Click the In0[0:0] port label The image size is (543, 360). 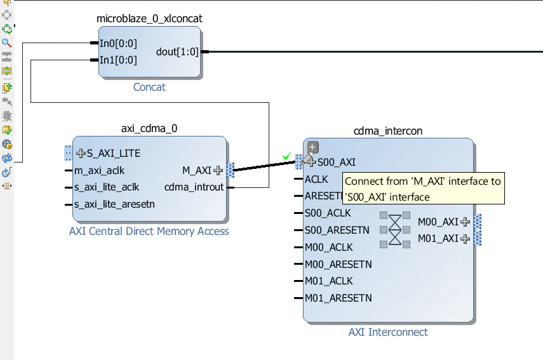(118, 44)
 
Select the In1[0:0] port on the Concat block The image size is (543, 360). (118, 60)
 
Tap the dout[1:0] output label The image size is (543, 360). (177, 52)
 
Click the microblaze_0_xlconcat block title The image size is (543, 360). (149, 18)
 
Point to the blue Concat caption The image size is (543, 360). (149, 87)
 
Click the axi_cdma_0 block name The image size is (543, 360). (149, 128)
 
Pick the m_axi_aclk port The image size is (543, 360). (100, 170)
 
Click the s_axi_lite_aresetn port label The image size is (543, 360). (114, 204)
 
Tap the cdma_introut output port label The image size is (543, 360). (194, 187)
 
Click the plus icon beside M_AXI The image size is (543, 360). (218, 170)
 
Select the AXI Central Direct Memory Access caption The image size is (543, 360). (149, 231)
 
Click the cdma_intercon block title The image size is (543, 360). (388, 131)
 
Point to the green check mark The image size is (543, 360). (287, 156)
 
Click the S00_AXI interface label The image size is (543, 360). (337, 163)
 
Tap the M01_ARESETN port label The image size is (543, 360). (339, 298)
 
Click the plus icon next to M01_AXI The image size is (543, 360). (466, 239)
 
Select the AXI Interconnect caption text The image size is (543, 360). (388, 332)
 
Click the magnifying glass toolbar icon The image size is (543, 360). (7, 43)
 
